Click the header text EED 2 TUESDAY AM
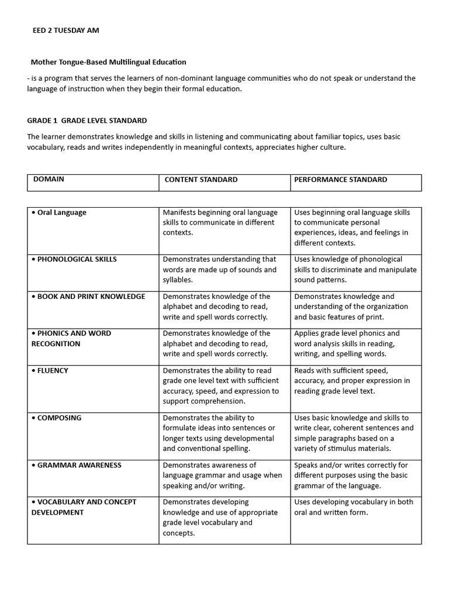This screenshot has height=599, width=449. pyautogui.click(x=65, y=30)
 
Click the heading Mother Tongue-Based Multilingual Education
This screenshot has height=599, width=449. pyautogui.click(x=108, y=61)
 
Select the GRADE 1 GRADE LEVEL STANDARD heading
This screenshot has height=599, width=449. pyautogui.click(x=87, y=121)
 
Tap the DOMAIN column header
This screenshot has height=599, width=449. pyautogui.click(x=49, y=180)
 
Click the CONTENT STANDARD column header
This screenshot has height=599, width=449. pyautogui.click(x=201, y=180)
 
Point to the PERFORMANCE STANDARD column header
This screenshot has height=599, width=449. pyautogui.click(x=340, y=180)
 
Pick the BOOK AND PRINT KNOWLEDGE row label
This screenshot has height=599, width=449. pyautogui.click(x=88, y=297)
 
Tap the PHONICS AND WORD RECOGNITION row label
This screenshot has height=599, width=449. pyautogui.click(x=71, y=338)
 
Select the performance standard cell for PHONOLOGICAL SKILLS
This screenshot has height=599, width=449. pyautogui.click(x=355, y=270)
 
